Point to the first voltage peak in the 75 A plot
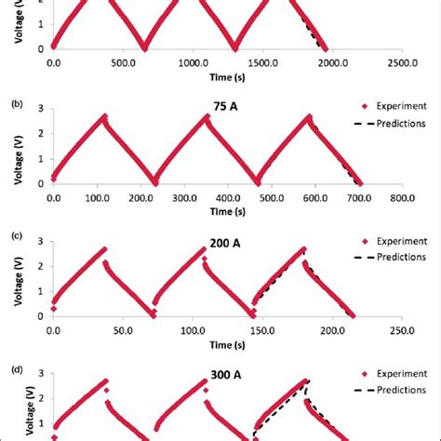[105, 117]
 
